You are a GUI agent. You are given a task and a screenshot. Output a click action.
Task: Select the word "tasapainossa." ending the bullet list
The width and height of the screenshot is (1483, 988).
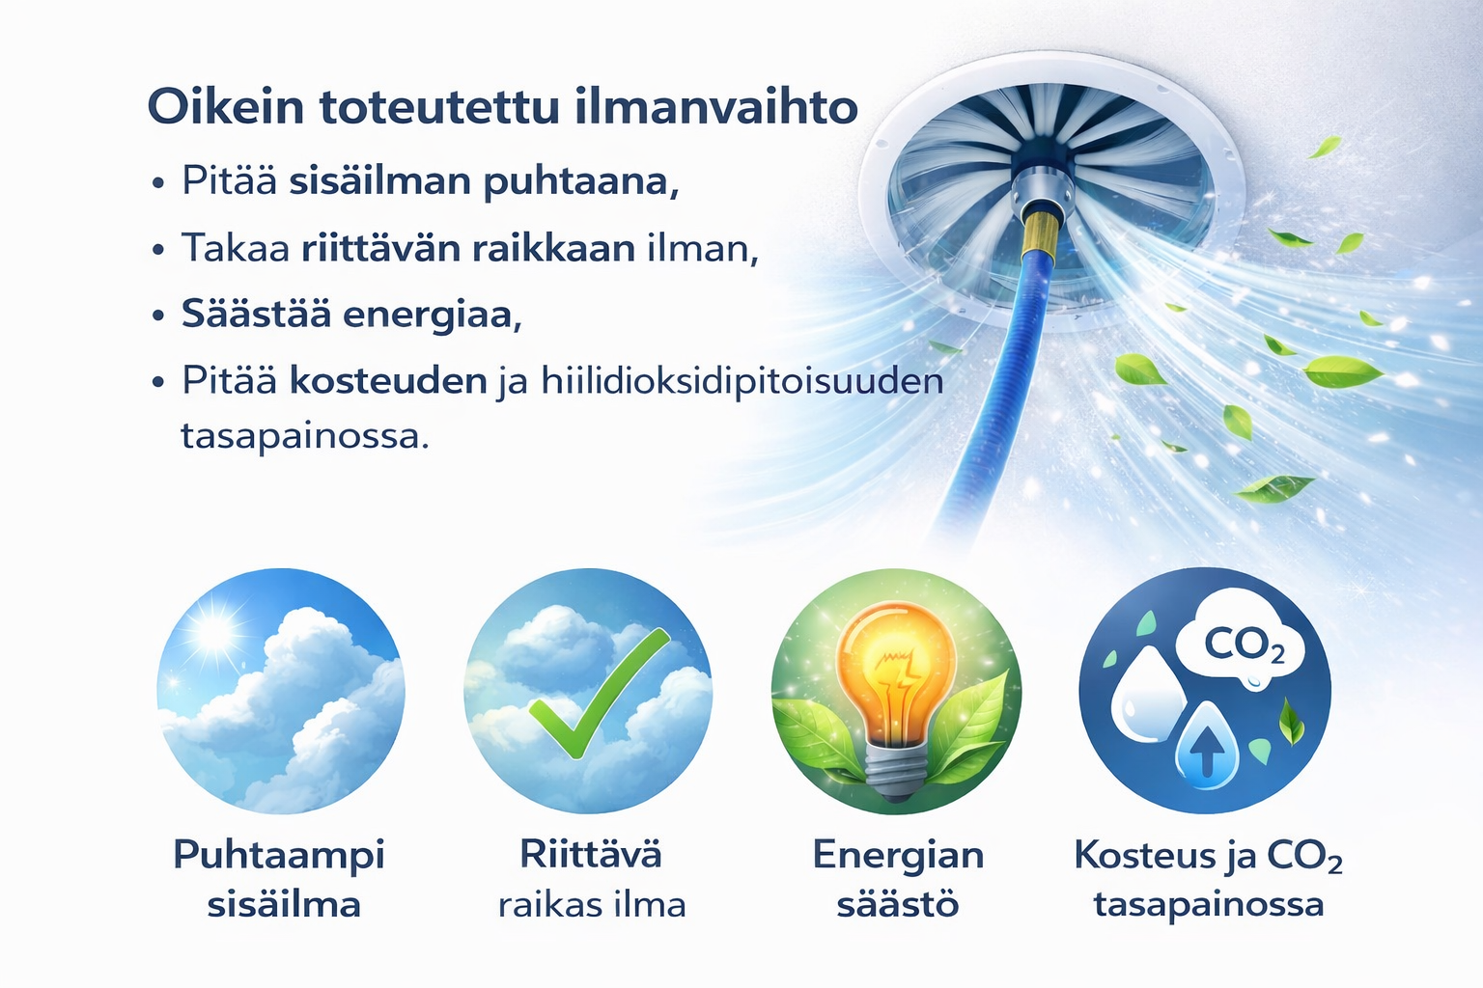point(305,437)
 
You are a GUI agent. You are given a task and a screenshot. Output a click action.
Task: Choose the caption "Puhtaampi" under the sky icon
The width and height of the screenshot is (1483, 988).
point(279,856)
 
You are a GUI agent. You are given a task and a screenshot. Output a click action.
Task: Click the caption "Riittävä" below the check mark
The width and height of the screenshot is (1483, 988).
point(591,854)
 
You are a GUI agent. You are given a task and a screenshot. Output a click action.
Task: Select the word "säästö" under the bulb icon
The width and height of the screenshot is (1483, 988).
point(898,905)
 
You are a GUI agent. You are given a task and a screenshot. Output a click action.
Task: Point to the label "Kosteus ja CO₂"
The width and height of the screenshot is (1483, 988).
point(1208,856)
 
